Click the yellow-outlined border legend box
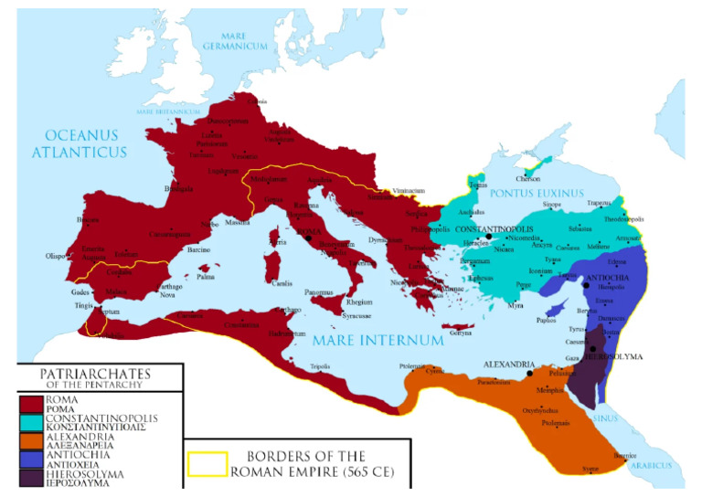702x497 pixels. click(207, 463)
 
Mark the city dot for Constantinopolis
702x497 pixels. click(489, 237)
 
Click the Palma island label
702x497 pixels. click(205, 275)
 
